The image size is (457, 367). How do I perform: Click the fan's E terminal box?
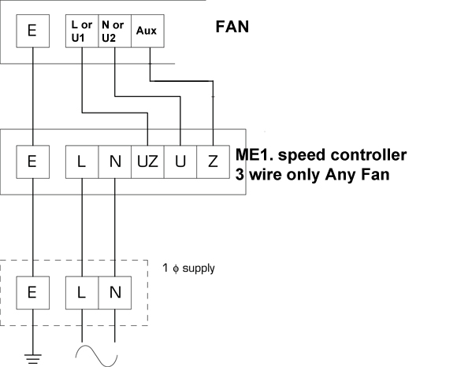click(32, 31)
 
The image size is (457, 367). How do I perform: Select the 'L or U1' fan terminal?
click(82, 31)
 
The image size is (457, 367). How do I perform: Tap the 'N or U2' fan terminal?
click(115, 31)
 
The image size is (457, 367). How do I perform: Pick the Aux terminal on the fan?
click(147, 31)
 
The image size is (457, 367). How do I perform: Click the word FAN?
click(232, 27)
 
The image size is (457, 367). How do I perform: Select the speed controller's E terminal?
click(32, 161)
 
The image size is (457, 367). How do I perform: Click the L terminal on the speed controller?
click(82, 161)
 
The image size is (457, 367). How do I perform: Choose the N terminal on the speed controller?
click(115, 161)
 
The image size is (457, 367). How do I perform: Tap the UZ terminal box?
click(147, 161)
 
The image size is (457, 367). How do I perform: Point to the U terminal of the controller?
click(180, 161)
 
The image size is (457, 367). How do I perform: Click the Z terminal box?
click(213, 161)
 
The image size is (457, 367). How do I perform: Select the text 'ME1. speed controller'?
click(321, 155)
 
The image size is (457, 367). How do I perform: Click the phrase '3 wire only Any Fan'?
click(313, 175)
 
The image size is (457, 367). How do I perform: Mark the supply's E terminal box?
click(32, 293)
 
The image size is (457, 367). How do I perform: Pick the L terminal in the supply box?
click(82, 293)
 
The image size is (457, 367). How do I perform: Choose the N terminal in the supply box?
click(115, 293)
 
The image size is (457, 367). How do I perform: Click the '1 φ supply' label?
click(188, 269)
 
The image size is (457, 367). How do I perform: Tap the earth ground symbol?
click(32, 359)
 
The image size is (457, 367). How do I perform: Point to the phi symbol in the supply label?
click(176, 269)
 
